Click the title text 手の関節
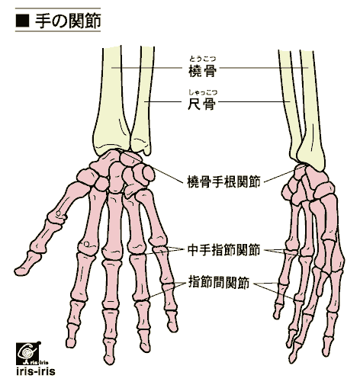[x=68, y=21]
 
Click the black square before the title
[x=22, y=21]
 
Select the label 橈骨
[x=202, y=71]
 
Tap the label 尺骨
[x=201, y=104]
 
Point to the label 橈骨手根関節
[x=223, y=181]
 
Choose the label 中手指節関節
[x=223, y=250]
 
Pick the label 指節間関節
[x=219, y=282]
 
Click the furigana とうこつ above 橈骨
[x=202, y=59]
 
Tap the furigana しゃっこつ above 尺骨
[x=203, y=92]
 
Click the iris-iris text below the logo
[x=36, y=371]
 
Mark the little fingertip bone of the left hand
[x=172, y=321]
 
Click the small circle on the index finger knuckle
[x=87, y=245]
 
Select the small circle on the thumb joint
[x=59, y=213]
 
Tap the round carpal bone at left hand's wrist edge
[x=149, y=173]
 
